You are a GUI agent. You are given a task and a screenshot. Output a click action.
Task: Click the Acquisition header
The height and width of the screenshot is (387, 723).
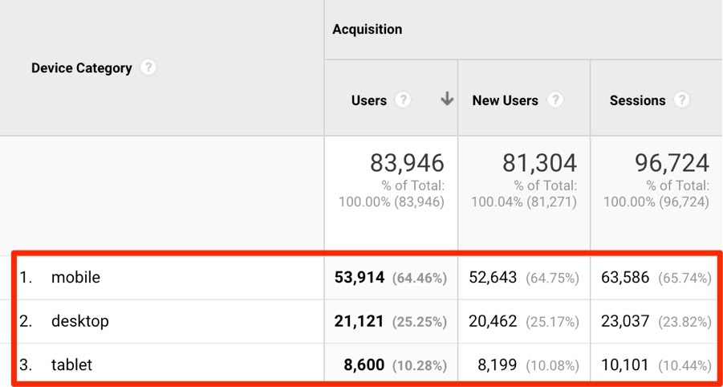367,30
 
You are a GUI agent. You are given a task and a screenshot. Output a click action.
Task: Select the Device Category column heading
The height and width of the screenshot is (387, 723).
81,68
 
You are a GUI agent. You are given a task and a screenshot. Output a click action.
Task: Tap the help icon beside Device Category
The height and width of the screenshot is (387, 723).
148,68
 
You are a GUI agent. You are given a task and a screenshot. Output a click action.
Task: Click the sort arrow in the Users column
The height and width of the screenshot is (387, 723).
447,100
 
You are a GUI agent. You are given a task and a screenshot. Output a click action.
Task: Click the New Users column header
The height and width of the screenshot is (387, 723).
505,100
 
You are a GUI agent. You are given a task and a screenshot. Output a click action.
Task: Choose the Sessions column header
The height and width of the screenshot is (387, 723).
637,100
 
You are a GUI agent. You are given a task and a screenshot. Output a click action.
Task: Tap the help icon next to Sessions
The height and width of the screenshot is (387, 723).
681,100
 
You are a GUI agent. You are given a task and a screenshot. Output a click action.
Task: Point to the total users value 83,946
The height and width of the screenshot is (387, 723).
407,164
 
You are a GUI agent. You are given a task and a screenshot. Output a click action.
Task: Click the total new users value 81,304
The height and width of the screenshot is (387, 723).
539,164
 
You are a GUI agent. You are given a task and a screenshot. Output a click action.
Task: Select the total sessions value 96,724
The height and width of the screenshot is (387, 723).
672,164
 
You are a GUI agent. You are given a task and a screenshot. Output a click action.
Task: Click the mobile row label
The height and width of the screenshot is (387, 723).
75,278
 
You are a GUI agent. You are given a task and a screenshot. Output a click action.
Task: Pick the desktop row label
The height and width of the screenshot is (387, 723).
79,321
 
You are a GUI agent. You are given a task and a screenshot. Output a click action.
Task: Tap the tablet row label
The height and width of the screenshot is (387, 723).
71,365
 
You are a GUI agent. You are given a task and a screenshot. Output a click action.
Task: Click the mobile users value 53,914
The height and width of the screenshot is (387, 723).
359,278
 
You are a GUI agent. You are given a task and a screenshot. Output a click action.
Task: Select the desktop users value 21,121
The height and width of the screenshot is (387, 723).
359,321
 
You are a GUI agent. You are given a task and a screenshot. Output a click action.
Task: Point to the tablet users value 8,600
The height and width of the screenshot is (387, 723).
364,365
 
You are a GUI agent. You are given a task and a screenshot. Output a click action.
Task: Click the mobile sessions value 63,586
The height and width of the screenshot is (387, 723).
625,278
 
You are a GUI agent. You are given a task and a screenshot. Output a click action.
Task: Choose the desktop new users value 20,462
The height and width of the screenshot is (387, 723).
493,321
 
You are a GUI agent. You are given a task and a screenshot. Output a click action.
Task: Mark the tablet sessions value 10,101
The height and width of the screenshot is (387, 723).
625,365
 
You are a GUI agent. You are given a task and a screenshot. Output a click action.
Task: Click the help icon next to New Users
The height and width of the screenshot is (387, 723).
554,100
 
